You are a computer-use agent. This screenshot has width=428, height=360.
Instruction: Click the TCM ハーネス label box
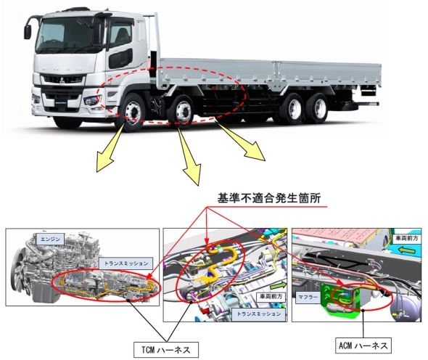[166, 350]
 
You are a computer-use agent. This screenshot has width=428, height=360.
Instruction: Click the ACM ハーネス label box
[363, 345]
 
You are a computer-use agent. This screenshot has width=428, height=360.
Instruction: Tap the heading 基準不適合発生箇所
[269, 197]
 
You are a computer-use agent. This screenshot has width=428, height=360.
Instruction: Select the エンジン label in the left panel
[50, 240]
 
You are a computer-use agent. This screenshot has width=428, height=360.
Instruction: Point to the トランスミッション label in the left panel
[125, 263]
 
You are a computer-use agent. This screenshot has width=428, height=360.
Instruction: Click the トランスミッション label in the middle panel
[258, 314]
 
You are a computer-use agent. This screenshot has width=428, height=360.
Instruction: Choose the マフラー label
[308, 297]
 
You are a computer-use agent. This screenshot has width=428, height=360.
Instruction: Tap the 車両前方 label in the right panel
[406, 238]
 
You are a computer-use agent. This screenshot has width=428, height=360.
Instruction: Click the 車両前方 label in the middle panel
[271, 296]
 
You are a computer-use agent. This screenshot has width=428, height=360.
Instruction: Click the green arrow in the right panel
[407, 250]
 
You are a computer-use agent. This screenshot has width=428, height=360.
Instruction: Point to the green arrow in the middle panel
[279, 285]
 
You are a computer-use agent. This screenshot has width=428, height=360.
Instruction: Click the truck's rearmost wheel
[316, 108]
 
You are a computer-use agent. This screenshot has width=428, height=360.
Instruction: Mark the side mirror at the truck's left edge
[28, 32]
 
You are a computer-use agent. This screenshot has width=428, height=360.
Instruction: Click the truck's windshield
[70, 35]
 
